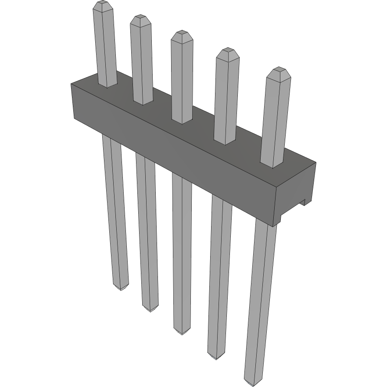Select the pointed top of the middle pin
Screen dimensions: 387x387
coord(182,36)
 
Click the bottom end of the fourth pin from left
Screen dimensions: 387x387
coord(215,356)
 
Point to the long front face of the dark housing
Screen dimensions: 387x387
coord(176,154)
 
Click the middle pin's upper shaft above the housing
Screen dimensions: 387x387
coord(182,79)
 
